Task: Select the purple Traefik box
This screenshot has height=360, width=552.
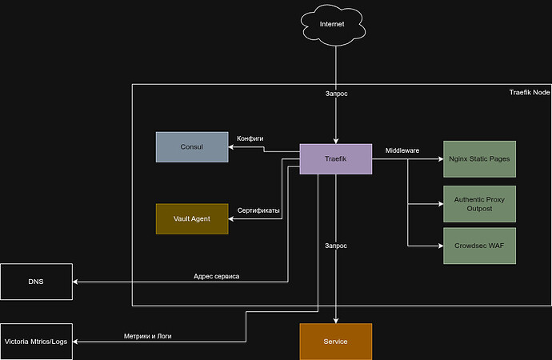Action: coord(335,159)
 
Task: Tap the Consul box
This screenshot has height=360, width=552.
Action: coord(191,147)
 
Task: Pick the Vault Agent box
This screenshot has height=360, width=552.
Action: coord(191,218)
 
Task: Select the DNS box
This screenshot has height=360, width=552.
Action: coord(36,282)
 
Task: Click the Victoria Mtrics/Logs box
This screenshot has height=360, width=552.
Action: coord(36,342)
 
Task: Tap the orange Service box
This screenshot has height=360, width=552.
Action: coord(335,342)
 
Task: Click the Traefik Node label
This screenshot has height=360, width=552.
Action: coord(529,93)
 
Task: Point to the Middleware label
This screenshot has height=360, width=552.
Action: coord(402,150)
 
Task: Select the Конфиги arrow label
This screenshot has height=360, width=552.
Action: coord(250,138)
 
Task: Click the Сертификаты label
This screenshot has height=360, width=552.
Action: coord(258,210)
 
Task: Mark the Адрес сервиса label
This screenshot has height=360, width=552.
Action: coord(216,276)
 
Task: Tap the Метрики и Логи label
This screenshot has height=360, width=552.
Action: coord(147,336)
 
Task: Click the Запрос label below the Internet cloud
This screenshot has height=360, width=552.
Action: coord(336,94)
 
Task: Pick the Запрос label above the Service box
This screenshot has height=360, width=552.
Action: coord(336,246)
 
